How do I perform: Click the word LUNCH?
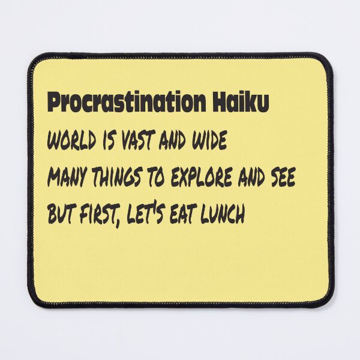(x=222, y=214)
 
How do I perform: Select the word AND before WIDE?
(x=172, y=139)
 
